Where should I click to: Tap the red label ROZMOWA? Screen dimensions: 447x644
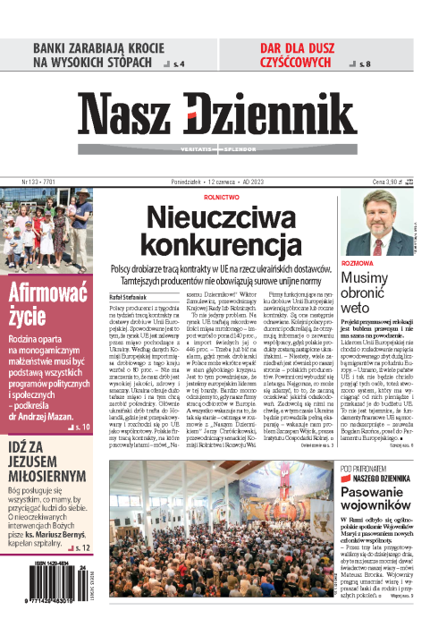[356, 264]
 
